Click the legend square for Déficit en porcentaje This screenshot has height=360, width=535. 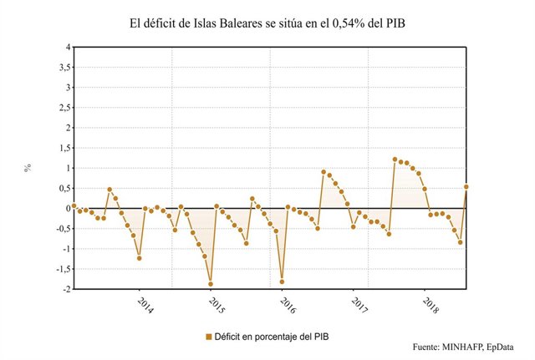[x=209, y=336]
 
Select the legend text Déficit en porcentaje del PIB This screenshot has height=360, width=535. [x=273, y=336]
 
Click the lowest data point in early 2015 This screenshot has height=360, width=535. [x=211, y=284]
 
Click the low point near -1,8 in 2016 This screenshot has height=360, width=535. [x=282, y=281]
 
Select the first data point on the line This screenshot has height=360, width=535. [x=74, y=205]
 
